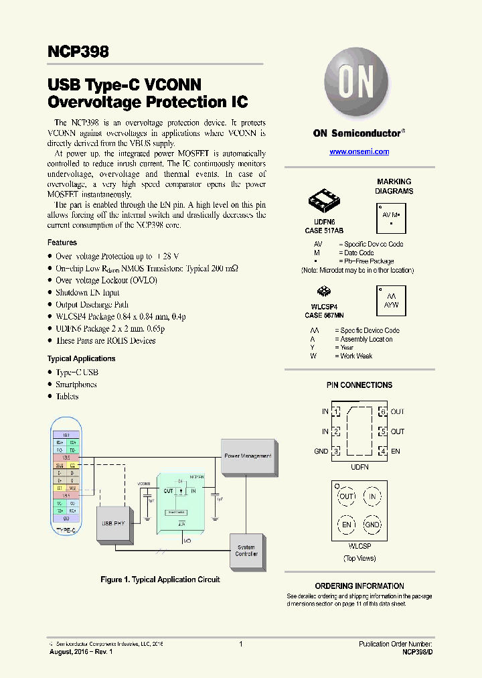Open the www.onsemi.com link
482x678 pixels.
[359, 152]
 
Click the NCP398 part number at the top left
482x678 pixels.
[78, 52]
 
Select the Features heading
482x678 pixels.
[62, 243]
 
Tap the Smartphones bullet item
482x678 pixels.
[76, 385]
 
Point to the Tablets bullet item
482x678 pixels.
[67, 396]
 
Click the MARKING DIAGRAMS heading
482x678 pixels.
[394, 186]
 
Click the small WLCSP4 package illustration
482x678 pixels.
[323, 291]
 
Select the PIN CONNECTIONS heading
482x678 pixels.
[359, 385]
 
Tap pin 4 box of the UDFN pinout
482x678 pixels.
[383, 452]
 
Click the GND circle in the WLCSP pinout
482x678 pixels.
[372, 525]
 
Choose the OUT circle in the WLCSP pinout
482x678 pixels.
[346, 496]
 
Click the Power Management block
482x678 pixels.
[248, 456]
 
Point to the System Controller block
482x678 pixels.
[246, 551]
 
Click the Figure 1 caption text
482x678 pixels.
[160, 580]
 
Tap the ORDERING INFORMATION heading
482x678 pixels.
[359, 586]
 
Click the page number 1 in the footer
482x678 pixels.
[240, 644]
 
